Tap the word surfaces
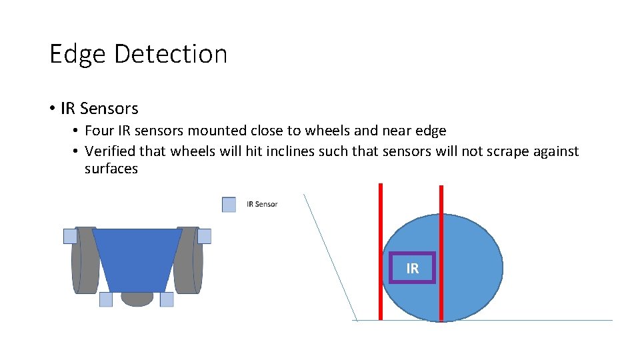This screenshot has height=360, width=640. pyautogui.click(x=111, y=169)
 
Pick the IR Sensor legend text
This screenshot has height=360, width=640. pyautogui.click(x=262, y=204)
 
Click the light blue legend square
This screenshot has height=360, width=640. pyautogui.click(x=229, y=205)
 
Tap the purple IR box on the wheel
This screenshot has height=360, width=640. pyautogui.click(x=413, y=268)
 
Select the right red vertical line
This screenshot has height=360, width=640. pyautogui.click(x=441, y=253)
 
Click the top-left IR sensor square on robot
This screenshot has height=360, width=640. pyautogui.click(x=70, y=236)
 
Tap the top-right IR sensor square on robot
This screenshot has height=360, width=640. pyautogui.click(x=204, y=236)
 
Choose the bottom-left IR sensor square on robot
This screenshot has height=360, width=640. pyautogui.click(x=106, y=299)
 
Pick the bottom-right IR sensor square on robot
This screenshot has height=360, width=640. pyautogui.click(x=167, y=299)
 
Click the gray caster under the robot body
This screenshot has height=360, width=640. pyautogui.click(x=137, y=299)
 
